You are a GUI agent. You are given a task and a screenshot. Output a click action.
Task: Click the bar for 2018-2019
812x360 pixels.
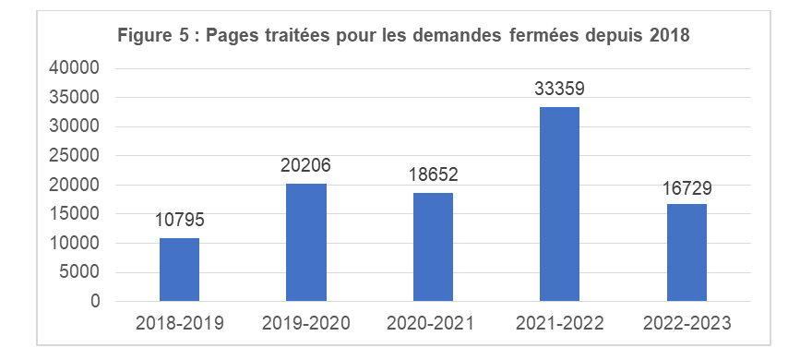click(x=179, y=270)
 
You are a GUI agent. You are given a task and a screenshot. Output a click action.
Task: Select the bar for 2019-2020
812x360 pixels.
click(x=306, y=242)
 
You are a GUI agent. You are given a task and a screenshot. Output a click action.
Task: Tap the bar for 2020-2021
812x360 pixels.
click(x=433, y=246)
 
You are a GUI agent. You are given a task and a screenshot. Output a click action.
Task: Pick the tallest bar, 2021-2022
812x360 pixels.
click(x=560, y=204)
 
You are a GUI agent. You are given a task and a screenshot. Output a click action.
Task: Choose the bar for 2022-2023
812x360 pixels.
click(x=687, y=252)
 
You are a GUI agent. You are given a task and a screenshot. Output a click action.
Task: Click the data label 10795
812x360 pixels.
click(x=179, y=221)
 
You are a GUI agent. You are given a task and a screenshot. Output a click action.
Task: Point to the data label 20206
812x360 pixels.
click(x=306, y=166)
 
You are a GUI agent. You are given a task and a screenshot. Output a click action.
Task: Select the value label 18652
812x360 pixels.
click(x=433, y=175)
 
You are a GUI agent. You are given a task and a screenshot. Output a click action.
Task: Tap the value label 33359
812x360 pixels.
click(x=560, y=90)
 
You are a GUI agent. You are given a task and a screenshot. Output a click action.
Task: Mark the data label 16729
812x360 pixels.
click(x=687, y=187)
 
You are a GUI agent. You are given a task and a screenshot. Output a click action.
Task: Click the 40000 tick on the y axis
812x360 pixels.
click(x=74, y=69)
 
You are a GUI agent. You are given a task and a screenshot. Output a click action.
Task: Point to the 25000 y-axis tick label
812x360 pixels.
click(x=74, y=156)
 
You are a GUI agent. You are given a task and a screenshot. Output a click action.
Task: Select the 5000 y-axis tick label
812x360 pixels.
click(x=78, y=272)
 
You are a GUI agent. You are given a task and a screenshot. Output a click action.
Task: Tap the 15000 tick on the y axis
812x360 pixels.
click(x=74, y=214)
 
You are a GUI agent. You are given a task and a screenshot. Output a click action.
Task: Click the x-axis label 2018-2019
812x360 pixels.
click(x=179, y=323)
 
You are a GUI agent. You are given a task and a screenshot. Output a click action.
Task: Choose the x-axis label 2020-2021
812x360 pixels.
click(x=433, y=323)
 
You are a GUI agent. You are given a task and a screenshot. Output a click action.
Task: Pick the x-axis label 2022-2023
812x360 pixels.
click(x=687, y=323)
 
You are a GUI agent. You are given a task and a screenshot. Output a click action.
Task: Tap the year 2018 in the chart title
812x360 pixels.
click(x=670, y=36)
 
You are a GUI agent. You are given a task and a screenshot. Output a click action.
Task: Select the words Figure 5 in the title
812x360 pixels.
click(x=149, y=36)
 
